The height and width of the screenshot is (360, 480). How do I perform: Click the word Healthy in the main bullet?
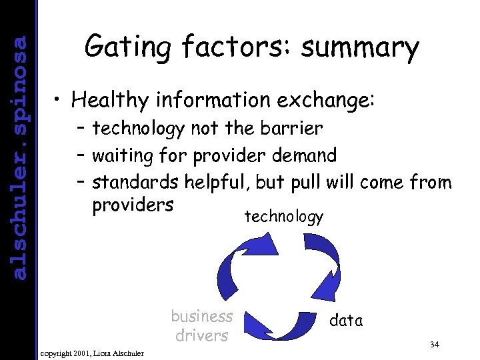[111, 101]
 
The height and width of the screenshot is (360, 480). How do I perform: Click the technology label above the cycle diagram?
[284, 216]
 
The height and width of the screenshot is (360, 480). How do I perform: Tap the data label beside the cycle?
[347, 321]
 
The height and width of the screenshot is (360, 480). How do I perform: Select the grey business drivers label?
[201, 325]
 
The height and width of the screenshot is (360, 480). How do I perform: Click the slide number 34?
[435, 345]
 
